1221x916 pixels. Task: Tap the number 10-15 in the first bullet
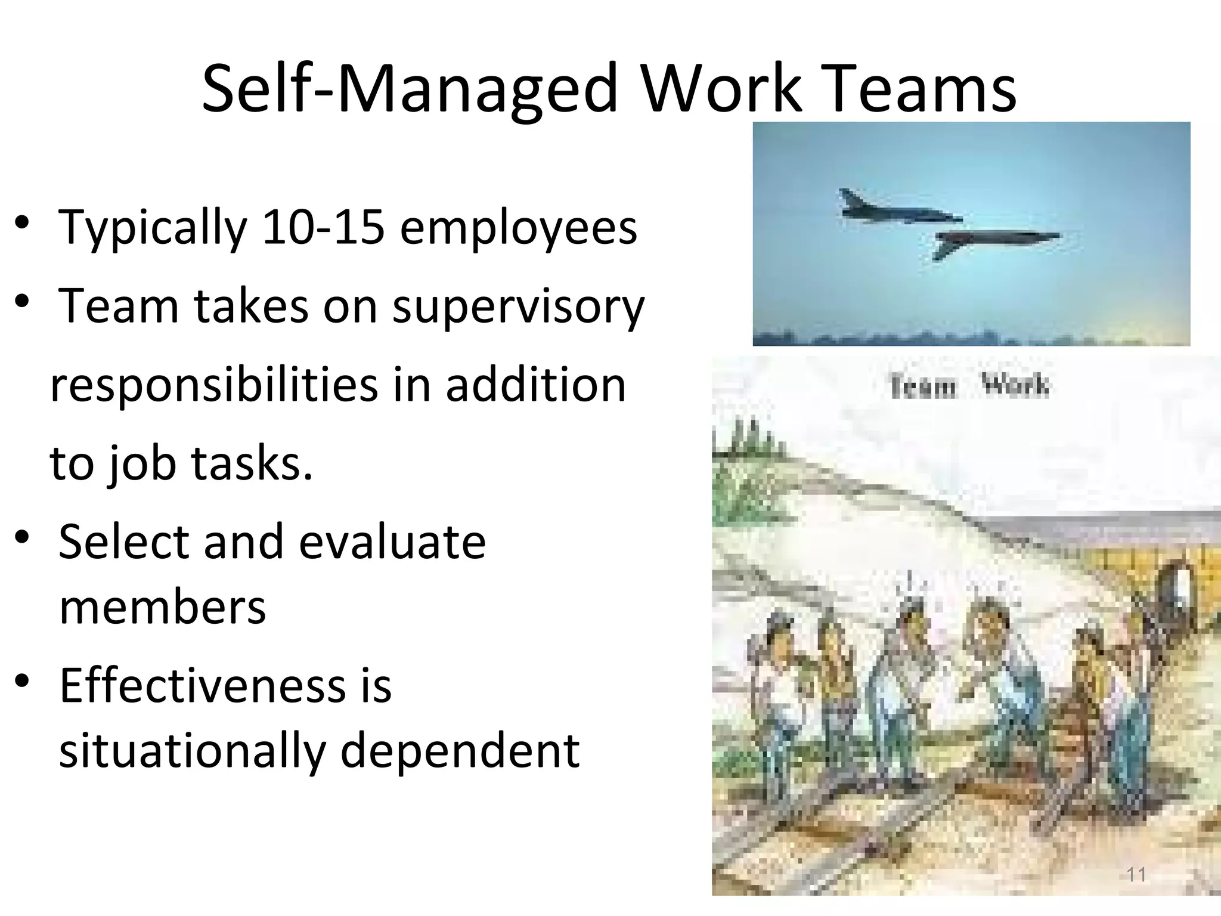pos(323,228)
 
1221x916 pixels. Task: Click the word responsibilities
pos(214,386)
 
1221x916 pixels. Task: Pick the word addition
pos(536,385)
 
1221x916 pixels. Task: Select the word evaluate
pos(392,542)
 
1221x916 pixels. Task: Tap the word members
pos(163,608)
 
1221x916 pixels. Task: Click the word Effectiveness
pos(203,686)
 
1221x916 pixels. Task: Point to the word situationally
pos(192,751)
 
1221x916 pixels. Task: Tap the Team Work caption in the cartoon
pos(969,386)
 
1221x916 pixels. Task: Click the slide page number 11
pos(1136,875)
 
